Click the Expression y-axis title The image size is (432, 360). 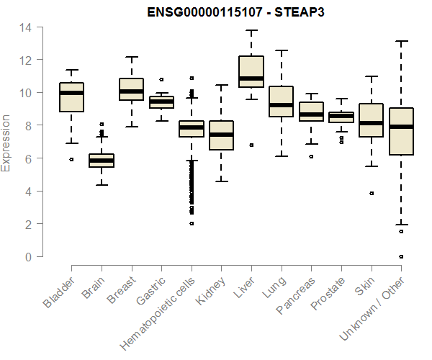point(6,142)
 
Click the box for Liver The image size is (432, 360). point(251,71)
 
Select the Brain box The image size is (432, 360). point(102,161)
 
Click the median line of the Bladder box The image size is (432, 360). point(71,93)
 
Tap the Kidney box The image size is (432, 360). point(221,135)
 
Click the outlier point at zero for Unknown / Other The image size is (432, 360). point(401,256)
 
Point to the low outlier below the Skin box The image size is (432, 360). point(372,193)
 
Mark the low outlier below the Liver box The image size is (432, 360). point(251,145)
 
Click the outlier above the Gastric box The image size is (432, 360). point(161,79)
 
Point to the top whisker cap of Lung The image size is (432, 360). point(281,50)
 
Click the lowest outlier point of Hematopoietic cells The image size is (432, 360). point(192,223)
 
